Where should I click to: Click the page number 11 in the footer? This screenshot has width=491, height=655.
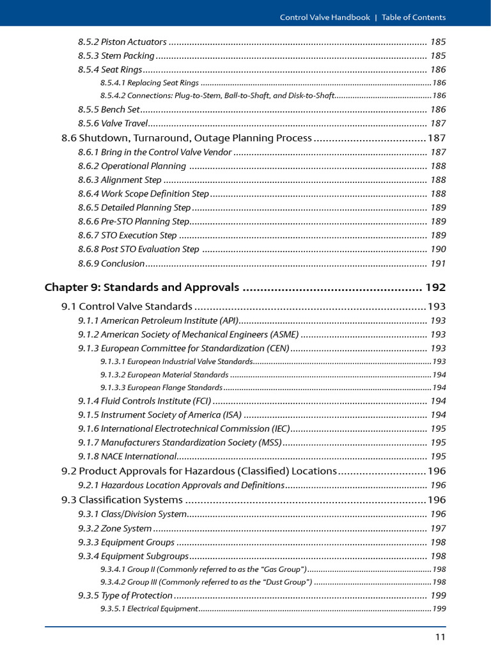pyautogui.click(x=440, y=636)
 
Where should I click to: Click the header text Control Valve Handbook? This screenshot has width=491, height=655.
pyautogui.click(x=325, y=17)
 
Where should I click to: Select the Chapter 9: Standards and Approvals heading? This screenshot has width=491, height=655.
pyautogui.click(x=142, y=287)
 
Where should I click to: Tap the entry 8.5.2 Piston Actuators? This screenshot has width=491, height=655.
pyautogui.click(x=123, y=42)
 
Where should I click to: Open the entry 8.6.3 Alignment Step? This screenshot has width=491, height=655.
pyautogui.click(x=120, y=180)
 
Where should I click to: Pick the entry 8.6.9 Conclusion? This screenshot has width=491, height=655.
pyautogui.click(x=111, y=263)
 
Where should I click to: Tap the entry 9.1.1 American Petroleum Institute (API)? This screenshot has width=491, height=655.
pyautogui.click(x=159, y=320)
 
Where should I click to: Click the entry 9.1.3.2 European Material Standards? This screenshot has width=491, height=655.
pyautogui.click(x=164, y=374)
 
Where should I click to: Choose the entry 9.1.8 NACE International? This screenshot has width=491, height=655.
pyautogui.click(x=127, y=456)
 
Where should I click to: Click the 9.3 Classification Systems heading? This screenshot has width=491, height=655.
pyautogui.click(x=121, y=500)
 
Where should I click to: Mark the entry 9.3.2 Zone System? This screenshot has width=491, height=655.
pyautogui.click(x=115, y=528)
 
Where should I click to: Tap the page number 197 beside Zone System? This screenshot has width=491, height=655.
pyautogui.click(x=438, y=528)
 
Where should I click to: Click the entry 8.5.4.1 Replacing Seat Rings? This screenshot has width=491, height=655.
pyautogui.click(x=150, y=83)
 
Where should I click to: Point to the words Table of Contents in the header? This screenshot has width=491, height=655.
pyautogui.click(x=414, y=17)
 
